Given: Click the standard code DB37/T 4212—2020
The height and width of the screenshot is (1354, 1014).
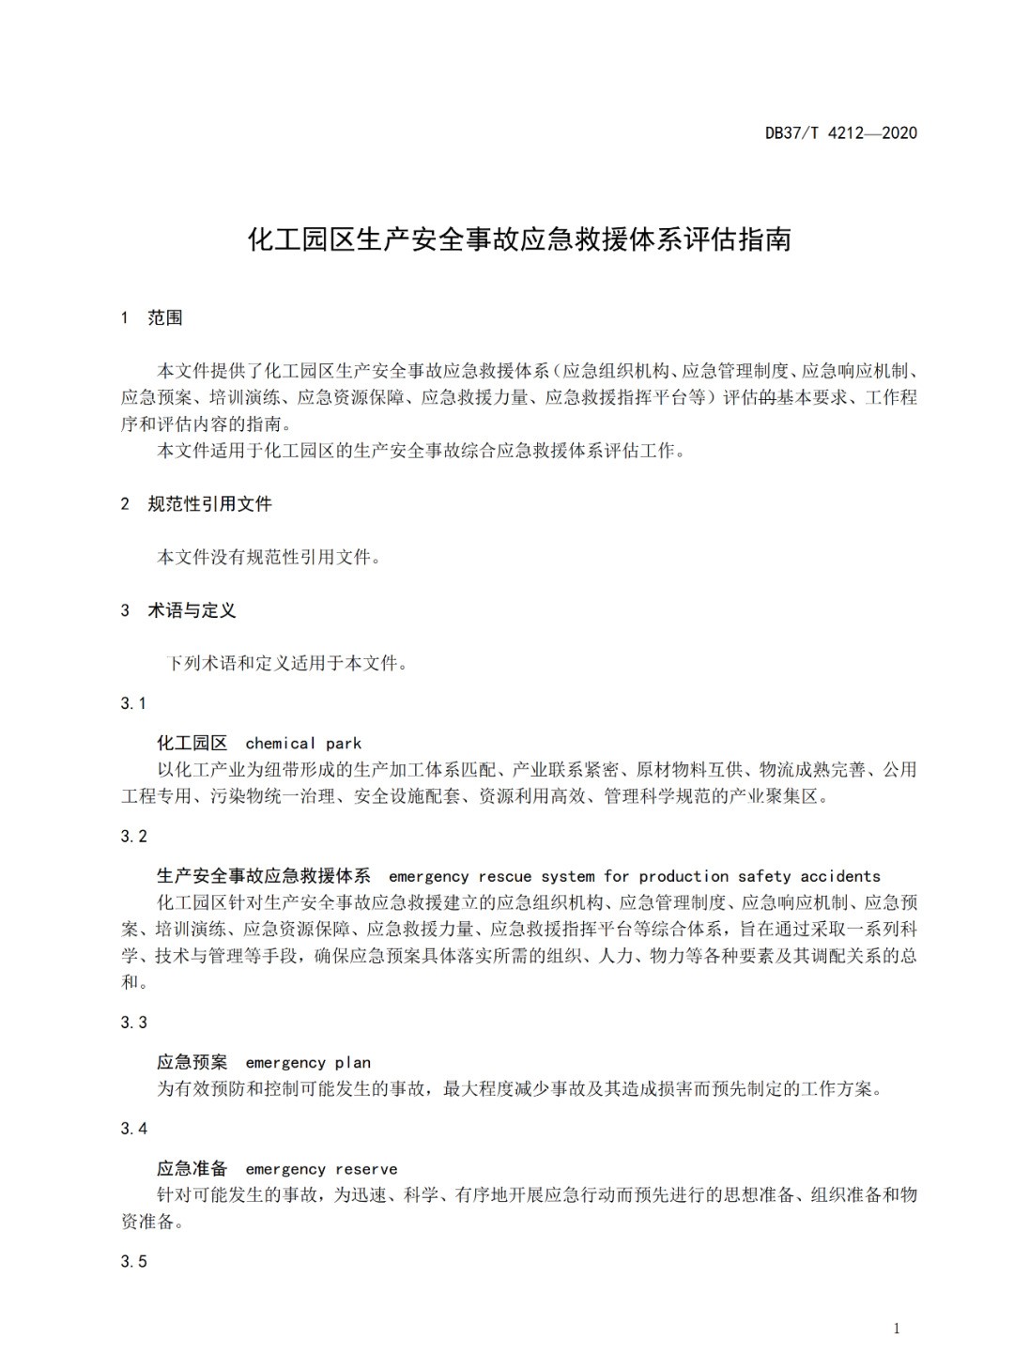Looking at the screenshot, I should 840,132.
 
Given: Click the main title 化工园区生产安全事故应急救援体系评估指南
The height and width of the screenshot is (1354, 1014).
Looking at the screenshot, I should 519,239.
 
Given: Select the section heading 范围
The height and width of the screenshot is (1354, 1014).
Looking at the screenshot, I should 165,318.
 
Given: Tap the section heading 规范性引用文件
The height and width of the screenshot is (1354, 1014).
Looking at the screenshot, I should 209,504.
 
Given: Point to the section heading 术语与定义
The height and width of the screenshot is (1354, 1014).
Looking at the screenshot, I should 192,611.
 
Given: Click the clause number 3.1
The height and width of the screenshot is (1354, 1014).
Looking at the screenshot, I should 133,703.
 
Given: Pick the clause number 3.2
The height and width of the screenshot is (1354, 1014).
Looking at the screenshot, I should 133,837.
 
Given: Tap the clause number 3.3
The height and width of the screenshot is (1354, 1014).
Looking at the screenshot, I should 133,1023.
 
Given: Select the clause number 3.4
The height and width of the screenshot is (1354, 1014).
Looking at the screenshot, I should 133,1129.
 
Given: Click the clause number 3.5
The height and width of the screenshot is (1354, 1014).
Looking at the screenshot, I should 133,1262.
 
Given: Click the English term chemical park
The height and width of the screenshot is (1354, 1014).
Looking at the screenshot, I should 303,744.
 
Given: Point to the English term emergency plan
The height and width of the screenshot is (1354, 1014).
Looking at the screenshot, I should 308,1063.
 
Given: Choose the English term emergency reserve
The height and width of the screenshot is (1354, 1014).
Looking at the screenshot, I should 321,1170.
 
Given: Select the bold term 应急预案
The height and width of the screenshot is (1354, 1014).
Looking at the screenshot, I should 192,1063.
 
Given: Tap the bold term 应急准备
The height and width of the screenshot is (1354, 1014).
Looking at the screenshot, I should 192,1170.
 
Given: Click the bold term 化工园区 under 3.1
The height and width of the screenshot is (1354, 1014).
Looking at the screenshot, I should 192,744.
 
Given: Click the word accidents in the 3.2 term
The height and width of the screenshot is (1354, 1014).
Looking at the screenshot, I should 840,877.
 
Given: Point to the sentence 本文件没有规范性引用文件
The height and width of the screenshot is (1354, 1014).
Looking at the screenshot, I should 269,558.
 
